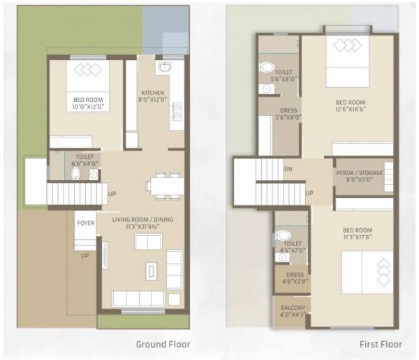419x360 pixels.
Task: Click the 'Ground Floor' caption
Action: point(162,345)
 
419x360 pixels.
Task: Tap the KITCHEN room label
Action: point(153,93)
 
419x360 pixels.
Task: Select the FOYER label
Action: point(85,224)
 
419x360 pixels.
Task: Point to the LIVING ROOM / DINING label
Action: point(142,220)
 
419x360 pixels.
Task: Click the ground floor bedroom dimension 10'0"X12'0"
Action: point(88,107)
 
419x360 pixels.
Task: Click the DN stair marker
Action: point(288,170)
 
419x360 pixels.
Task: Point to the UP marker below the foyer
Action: point(85,255)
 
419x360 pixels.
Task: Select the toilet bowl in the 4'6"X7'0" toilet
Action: point(281,234)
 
